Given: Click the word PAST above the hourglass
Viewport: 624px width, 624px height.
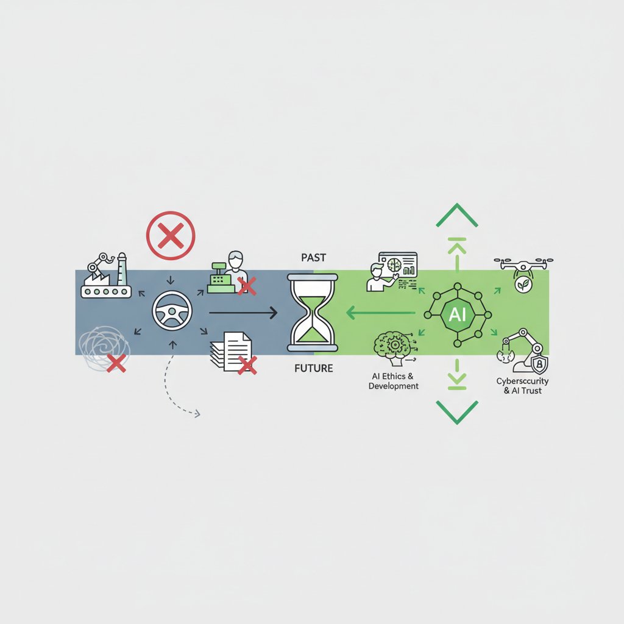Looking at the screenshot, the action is pyautogui.click(x=314, y=258).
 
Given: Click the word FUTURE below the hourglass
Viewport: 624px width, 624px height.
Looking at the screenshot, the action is pyautogui.click(x=314, y=369).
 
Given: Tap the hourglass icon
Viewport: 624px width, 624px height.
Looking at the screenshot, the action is pyautogui.click(x=313, y=313).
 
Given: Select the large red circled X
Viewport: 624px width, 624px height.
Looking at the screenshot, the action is pyautogui.click(x=171, y=236).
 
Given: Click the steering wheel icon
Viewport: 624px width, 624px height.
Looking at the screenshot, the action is pyautogui.click(x=172, y=311).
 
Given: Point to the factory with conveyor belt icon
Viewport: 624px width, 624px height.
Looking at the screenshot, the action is pyautogui.click(x=106, y=275).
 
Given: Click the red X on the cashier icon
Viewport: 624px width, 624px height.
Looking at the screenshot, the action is pyautogui.click(x=247, y=286).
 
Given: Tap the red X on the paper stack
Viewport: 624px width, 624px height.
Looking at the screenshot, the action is pyautogui.click(x=247, y=366).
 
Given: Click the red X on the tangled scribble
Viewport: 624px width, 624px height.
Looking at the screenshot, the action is pyautogui.click(x=116, y=363).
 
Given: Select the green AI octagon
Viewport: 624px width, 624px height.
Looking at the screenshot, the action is pyautogui.click(x=457, y=315).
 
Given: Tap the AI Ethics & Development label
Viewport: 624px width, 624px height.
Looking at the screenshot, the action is pyautogui.click(x=393, y=381).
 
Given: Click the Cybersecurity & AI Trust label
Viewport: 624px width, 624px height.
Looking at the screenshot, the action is pyautogui.click(x=522, y=386).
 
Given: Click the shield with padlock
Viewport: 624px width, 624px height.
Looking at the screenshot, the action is pyautogui.click(x=539, y=364).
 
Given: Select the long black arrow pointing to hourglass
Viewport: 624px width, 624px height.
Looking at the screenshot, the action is pyautogui.click(x=243, y=313).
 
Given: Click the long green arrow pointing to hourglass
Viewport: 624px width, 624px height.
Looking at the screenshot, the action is pyautogui.click(x=380, y=313).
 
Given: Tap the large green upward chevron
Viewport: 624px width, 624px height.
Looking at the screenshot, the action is pyautogui.click(x=457, y=215).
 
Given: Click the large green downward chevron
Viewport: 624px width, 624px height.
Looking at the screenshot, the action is pyautogui.click(x=457, y=413).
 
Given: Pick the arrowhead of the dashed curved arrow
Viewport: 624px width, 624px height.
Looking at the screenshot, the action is pyautogui.click(x=197, y=414).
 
